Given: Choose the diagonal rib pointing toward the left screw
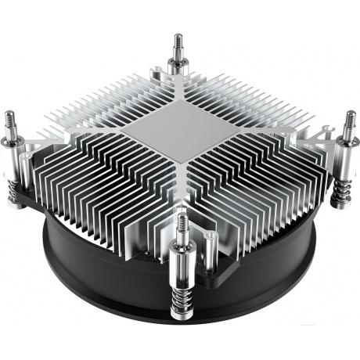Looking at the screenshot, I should click(74, 141).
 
